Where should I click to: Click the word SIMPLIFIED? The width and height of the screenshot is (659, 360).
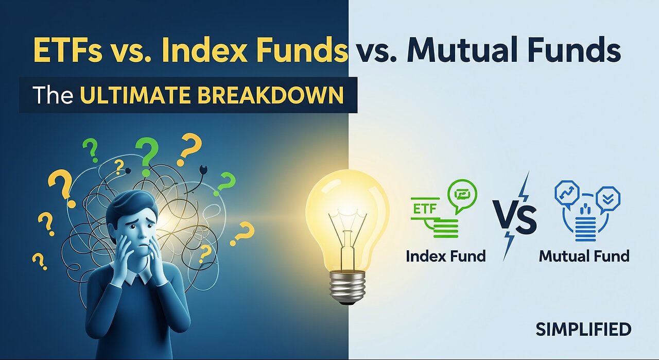pos(583,330)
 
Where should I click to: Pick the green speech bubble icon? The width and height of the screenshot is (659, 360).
pos(462,195)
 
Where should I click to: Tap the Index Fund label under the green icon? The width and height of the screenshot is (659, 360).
pos(445,256)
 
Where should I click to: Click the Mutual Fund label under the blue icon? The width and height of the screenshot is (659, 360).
pos(584,256)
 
